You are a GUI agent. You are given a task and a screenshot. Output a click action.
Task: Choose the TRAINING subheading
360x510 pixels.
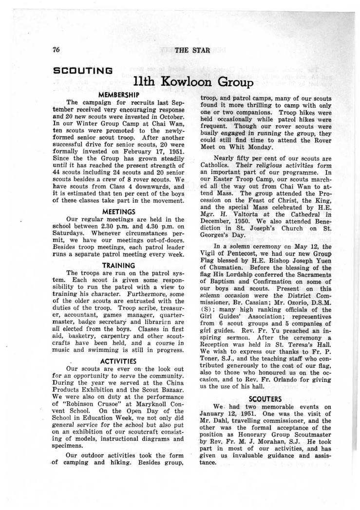[119, 265]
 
